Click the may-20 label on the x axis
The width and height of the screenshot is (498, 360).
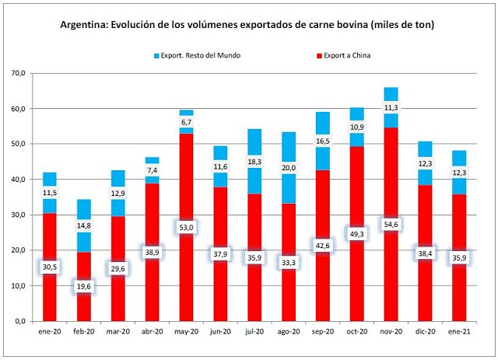click(x=187, y=330)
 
